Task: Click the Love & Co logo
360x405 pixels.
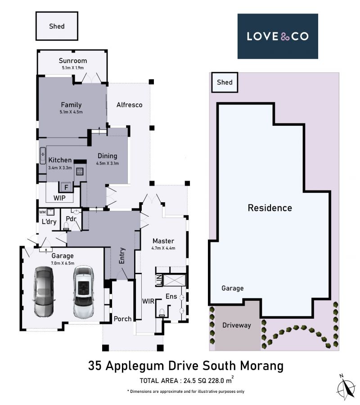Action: (x=278, y=36)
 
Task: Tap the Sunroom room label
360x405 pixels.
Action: (x=72, y=61)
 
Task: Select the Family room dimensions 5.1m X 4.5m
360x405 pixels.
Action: (x=71, y=112)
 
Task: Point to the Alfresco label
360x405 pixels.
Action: (x=129, y=105)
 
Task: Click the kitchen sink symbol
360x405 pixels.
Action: (x=43, y=156)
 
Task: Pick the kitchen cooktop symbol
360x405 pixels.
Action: (x=80, y=172)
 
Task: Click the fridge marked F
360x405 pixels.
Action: (x=66, y=187)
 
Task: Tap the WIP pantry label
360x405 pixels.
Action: (x=59, y=198)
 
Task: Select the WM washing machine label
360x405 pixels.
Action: (x=42, y=212)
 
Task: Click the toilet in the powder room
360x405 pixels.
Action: (x=66, y=227)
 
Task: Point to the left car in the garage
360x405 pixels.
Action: (x=44, y=292)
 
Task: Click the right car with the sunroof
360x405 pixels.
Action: (x=84, y=292)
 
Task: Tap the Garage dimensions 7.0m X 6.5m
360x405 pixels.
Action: (x=63, y=263)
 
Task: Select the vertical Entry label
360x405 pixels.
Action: (x=122, y=256)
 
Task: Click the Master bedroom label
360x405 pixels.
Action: (x=163, y=241)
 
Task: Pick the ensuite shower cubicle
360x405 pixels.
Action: (x=175, y=280)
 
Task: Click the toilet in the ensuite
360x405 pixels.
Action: (x=162, y=313)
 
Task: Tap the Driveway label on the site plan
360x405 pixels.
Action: (x=237, y=325)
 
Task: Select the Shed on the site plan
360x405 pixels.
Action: (x=225, y=82)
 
